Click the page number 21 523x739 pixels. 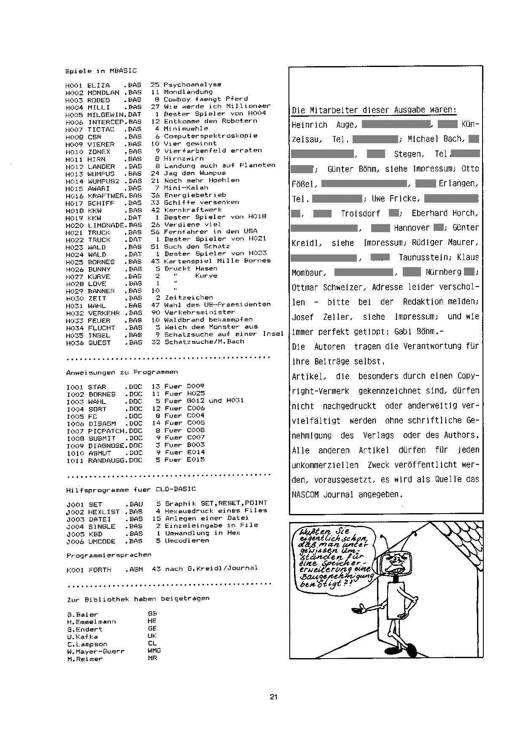(x=273, y=697)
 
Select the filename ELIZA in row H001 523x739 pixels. (x=98, y=85)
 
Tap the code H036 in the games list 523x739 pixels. (x=74, y=343)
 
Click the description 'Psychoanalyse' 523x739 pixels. (x=192, y=85)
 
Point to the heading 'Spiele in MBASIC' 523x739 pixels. (x=101, y=71)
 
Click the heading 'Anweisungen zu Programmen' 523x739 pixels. (x=122, y=372)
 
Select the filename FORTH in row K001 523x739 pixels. (x=100, y=570)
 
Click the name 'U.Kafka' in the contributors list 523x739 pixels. (x=82, y=637)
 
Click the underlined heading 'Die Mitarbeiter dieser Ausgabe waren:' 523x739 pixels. (x=374, y=110)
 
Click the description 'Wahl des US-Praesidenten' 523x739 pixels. (x=217, y=305)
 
